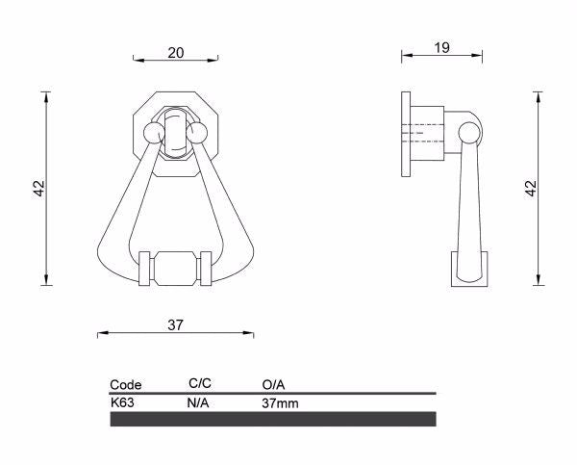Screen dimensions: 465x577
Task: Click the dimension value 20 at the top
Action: [x=176, y=52]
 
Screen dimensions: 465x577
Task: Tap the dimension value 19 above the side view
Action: [x=443, y=47]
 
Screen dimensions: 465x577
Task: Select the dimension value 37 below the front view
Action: [x=175, y=325]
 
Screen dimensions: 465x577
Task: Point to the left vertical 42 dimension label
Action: [x=38, y=189]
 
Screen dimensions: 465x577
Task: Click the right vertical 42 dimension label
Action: [x=529, y=189]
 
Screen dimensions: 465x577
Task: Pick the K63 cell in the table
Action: [x=122, y=402]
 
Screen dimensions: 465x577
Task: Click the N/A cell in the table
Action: [x=197, y=402]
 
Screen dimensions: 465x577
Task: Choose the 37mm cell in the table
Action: [x=280, y=402]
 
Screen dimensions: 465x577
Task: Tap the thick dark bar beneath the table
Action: [x=273, y=419]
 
